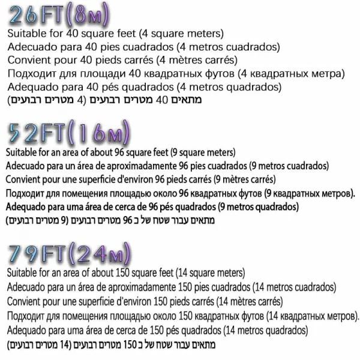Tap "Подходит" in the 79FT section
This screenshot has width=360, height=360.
27,316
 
